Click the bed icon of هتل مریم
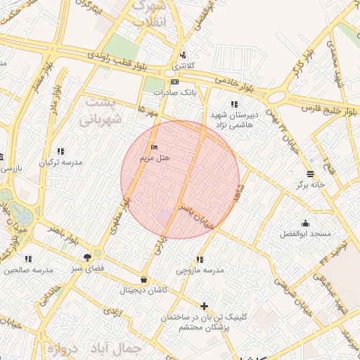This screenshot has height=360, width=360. click(154, 148)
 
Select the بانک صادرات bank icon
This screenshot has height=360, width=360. click(175, 82)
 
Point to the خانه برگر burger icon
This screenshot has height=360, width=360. click(311, 174)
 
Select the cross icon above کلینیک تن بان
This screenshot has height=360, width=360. click(204, 306)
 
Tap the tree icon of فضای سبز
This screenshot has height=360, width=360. click(87, 257)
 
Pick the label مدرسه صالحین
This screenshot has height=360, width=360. click(29, 270)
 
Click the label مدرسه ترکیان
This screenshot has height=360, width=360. click(61, 162)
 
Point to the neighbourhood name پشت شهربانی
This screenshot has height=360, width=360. click(101, 110)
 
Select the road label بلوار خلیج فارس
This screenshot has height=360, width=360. click(330, 110)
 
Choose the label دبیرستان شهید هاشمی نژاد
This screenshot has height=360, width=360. click(234, 119)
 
